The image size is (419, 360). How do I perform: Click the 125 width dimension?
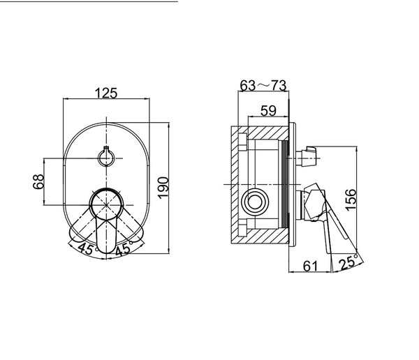[x=106, y=93]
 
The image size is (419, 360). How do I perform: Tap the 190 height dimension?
[x=163, y=188]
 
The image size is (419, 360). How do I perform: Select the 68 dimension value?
[x=38, y=181]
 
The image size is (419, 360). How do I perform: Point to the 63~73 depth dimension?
[x=263, y=85]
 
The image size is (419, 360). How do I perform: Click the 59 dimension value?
[x=268, y=110]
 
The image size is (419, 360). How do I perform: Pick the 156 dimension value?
[x=351, y=200]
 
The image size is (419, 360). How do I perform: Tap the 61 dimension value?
[x=311, y=266]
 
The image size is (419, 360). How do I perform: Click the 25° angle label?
[x=348, y=262]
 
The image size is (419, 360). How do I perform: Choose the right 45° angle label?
[x=124, y=248]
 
